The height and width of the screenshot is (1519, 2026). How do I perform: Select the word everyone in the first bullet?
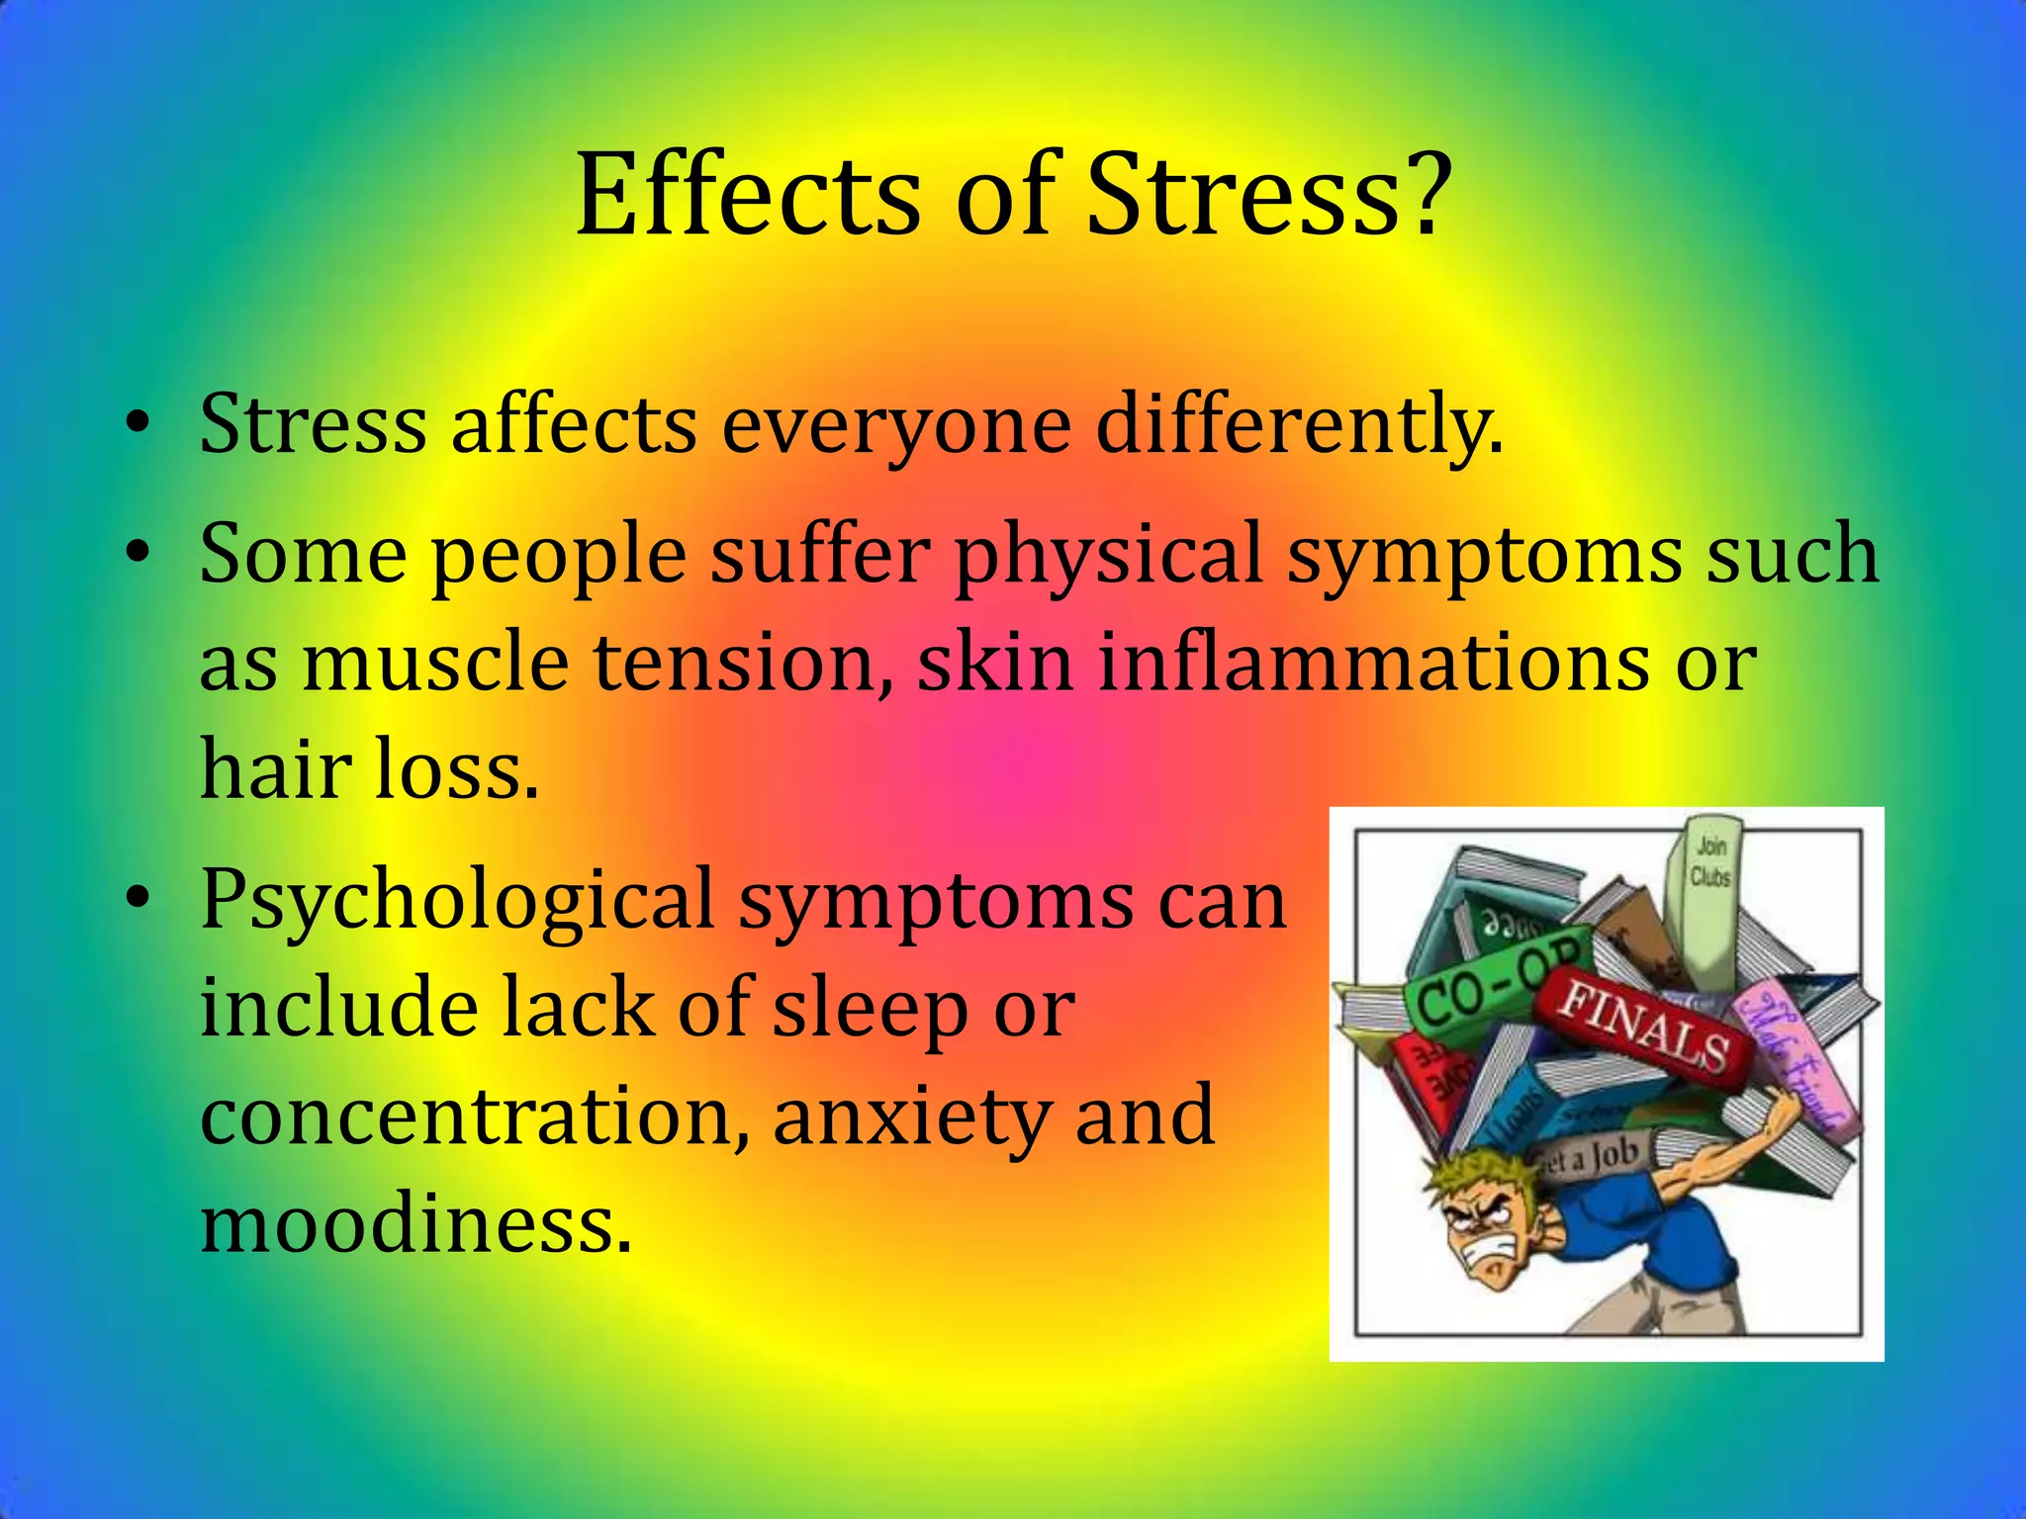click(896, 425)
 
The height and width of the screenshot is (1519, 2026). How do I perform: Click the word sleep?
click(870, 1009)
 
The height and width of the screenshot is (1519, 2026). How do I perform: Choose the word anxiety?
click(909, 1116)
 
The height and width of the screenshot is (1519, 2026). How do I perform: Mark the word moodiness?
click(414, 1224)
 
